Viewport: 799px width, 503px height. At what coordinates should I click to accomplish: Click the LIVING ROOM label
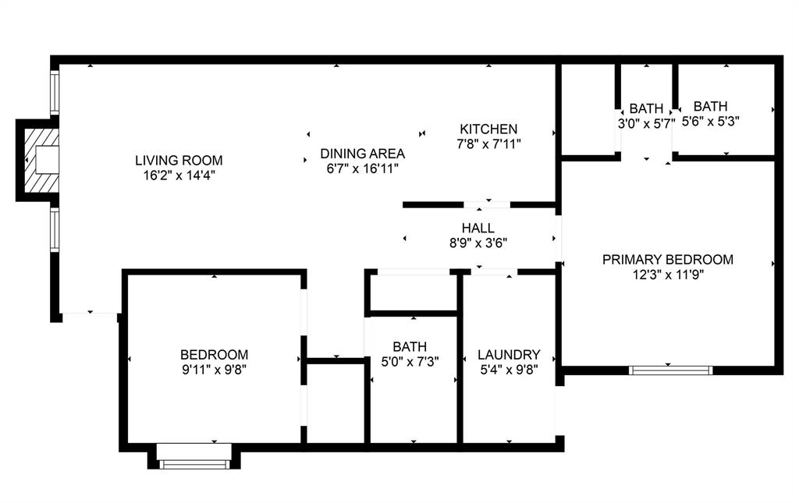click(x=173, y=161)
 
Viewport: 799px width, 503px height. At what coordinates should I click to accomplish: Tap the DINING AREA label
click(x=361, y=153)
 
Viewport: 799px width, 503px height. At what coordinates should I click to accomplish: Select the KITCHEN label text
click(x=488, y=129)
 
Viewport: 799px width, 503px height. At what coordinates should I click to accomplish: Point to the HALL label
click(x=478, y=228)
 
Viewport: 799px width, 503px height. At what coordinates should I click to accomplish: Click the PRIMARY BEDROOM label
click(x=667, y=260)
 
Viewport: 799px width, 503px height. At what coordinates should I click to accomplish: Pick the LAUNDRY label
click(x=509, y=354)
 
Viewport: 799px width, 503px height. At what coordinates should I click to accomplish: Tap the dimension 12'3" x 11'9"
click(x=667, y=275)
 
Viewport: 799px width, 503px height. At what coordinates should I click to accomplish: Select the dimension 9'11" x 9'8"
click(x=214, y=369)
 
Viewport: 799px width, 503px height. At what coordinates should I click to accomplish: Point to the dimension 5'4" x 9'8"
click(x=509, y=369)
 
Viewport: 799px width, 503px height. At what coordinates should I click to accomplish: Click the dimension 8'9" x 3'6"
click(x=478, y=243)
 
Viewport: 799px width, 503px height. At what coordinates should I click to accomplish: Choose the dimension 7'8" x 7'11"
click(x=488, y=143)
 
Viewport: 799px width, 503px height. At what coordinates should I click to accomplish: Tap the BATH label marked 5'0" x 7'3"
click(x=410, y=346)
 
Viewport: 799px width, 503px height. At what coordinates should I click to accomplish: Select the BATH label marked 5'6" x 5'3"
click(x=710, y=106)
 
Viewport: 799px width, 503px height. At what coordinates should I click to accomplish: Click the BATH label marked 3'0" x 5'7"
click(x=646, y=108)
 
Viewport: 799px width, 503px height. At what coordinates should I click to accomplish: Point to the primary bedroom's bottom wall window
click(x=671, y=370)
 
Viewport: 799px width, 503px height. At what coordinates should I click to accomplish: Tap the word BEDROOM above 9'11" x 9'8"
click(x=214, y=354)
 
